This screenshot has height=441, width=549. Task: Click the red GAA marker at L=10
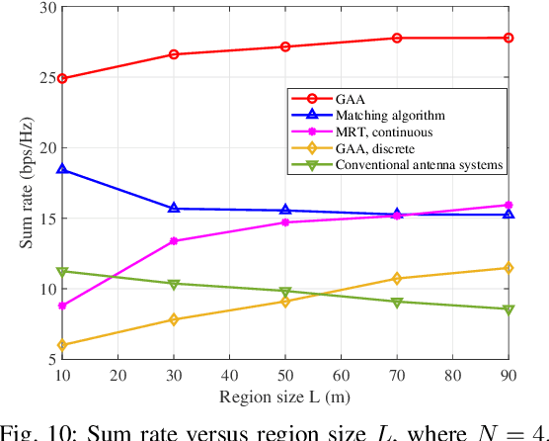click(x=62, y=78)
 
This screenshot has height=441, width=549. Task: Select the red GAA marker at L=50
click(x=285, y=46)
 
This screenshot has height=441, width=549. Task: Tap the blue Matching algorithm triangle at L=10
click(x=62, y=169)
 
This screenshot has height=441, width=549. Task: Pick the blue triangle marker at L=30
click(x=174, y=208)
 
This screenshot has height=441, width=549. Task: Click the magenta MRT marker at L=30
click(x=174, y=241)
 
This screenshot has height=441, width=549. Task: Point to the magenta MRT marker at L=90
click(x=509, y=205)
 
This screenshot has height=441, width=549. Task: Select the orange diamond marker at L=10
click(x=62, y=345)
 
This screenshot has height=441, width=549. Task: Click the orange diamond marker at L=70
click(x=397, y=279)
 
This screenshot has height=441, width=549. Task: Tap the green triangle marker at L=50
click(x=285, y=292)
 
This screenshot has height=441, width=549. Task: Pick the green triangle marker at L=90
click(x=509, y=309)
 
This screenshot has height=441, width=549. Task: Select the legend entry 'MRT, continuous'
click(x=369, y=132)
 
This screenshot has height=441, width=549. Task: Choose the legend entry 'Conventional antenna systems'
click(x=405, y=164)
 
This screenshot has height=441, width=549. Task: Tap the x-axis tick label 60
click(x=341, y=376)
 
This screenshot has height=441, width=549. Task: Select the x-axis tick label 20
click(x=118, y=376)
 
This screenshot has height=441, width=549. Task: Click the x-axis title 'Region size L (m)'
click(x=284, y=397)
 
